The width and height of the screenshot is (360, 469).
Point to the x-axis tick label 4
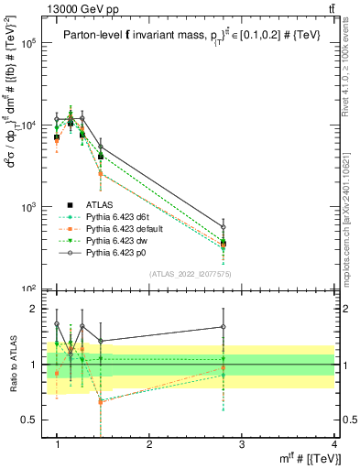click(334, 444)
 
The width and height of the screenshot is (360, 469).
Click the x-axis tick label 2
click(149, 444)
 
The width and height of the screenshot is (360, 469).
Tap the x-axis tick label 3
click(242, 444)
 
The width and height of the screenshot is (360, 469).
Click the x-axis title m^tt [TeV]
click(307, 458)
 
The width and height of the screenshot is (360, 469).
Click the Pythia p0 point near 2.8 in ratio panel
click(224, 327)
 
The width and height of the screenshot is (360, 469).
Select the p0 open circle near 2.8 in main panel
click(224, 227)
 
